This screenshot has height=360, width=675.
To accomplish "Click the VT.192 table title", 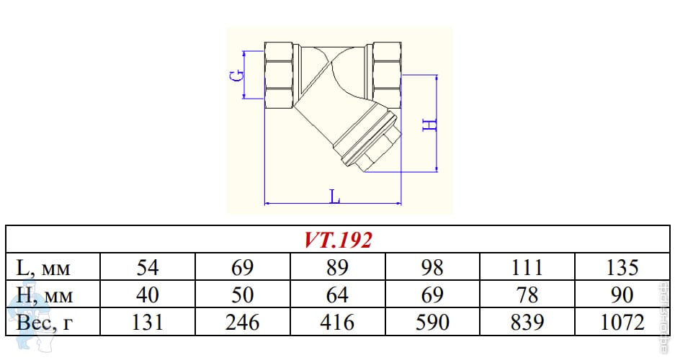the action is click(x=337, y=240).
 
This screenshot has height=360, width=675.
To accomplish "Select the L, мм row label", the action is click(x=43, y=268).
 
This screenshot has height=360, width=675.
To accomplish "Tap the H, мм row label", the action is click(x=45, y=295).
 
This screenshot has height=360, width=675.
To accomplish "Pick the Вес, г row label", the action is click(x=45, y=323).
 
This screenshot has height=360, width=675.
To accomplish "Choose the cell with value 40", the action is click(x=148, y=295).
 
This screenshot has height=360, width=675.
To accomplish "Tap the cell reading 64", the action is click(x=337, y=295).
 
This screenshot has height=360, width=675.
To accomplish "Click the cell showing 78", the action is click(x=527, y=295).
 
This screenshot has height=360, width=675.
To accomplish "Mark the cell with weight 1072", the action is click(x=622, y=323).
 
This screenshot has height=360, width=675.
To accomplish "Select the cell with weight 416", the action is click(x=337, y=323).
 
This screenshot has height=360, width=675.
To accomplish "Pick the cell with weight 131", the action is click(x=148, y=323).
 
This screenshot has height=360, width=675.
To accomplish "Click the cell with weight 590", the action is click(x=432, y=323).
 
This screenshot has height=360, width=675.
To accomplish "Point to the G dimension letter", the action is click(x=236, y=76).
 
